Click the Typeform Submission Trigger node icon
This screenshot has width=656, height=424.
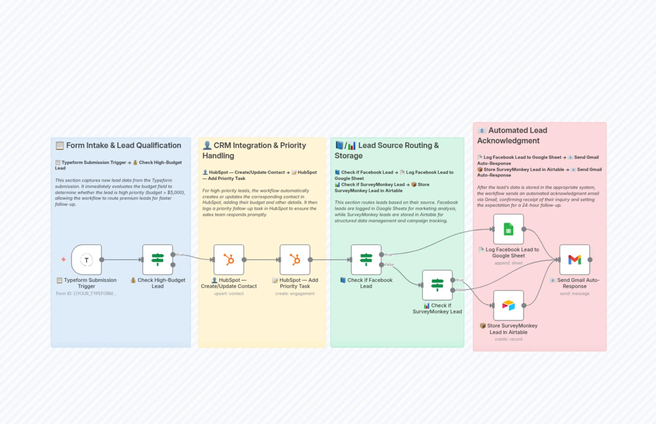coord(86,260)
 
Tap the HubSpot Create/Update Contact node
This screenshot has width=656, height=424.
coord(229,260)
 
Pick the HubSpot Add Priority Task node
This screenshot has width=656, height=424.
coord(295,260)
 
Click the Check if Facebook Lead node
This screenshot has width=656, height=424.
coord(366,260)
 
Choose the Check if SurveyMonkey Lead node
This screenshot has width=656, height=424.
coord(437,285)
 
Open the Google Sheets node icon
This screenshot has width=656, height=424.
coord(508,229)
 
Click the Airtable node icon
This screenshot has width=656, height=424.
coord(508,305)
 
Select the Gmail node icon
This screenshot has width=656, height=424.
coord(575,260)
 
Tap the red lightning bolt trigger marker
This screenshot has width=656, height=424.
coord(64,259)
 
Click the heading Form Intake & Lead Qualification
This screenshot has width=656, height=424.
coord(123,145)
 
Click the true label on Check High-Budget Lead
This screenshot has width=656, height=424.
coord(180,255)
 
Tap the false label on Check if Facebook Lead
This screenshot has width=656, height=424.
coord(389,265)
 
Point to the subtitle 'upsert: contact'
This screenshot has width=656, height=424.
coord(229,293)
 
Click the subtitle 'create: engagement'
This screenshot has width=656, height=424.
coord(295,293)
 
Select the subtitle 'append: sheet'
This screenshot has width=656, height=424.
coord(508,263)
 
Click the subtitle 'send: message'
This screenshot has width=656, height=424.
coord(575,293)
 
